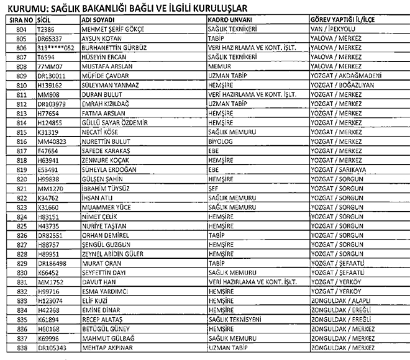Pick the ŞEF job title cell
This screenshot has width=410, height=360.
point(213,187)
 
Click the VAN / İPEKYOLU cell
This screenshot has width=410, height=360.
point(332,29)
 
